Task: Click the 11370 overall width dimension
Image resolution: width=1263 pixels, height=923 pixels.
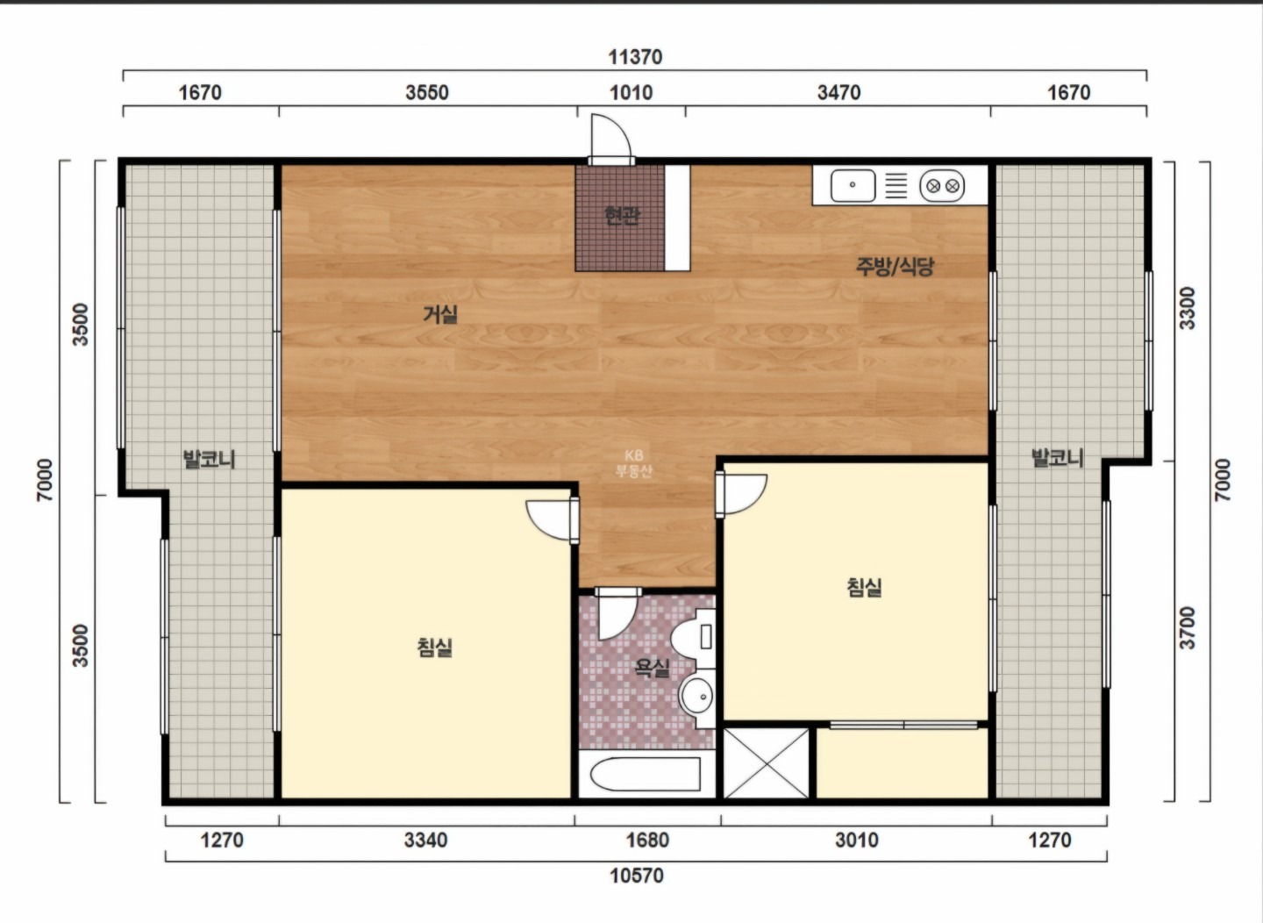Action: (635, 57)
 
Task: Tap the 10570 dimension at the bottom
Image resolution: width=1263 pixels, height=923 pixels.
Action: (637, 876)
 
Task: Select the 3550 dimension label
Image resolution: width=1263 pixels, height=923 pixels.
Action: (427, 92)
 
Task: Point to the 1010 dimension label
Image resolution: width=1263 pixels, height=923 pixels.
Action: (631, 92)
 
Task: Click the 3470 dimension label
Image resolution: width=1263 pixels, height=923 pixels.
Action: (839, 92)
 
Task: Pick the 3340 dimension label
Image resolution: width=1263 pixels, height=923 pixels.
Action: (425, 840)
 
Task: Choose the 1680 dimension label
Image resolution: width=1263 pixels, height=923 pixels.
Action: (647, 840)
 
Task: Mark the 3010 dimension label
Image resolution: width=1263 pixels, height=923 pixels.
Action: (856, 840)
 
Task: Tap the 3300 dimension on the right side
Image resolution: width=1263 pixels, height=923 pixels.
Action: (1187, 308)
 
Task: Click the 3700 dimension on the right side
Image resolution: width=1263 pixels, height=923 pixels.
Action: (1187, 628)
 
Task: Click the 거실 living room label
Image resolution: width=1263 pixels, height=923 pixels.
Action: (440, 314)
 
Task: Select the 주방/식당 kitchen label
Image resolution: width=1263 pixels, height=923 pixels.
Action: (895, 266)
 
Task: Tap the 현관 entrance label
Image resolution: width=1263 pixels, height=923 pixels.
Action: (622, 215)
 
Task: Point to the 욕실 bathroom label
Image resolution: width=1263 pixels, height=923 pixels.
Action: (653, 668)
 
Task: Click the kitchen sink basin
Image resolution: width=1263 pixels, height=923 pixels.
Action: (853, 186)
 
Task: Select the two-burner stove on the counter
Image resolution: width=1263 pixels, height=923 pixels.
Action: (942, 186)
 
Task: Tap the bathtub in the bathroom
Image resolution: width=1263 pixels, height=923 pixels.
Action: (646, 774)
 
